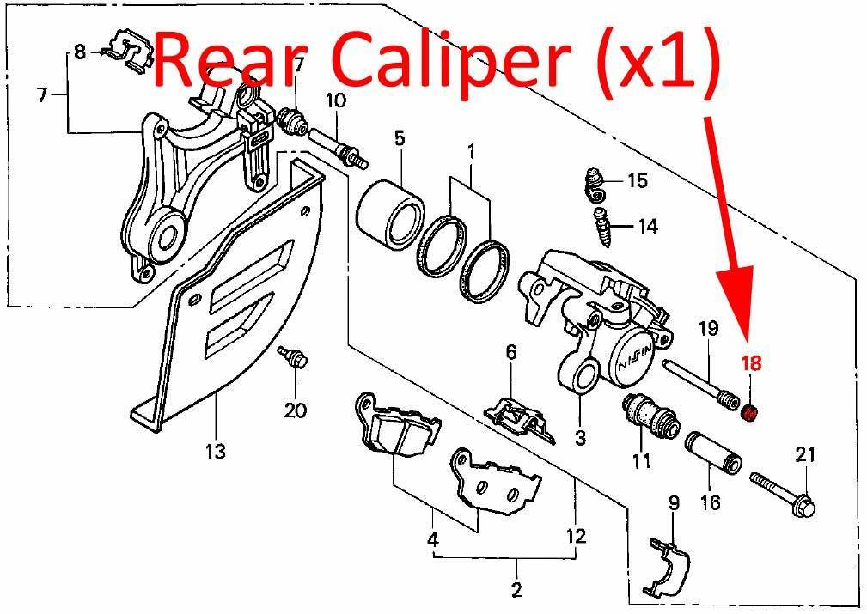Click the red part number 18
coord(752,363)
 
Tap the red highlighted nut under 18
coord(750,412)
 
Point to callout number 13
coord(216,451)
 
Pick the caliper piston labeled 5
coord(389,212)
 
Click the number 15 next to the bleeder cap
coord(637,180)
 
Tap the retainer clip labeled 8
coord(128,51)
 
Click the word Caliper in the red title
coord(444,60)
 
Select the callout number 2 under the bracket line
coord(516,589)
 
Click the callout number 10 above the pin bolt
coord(336,100)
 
